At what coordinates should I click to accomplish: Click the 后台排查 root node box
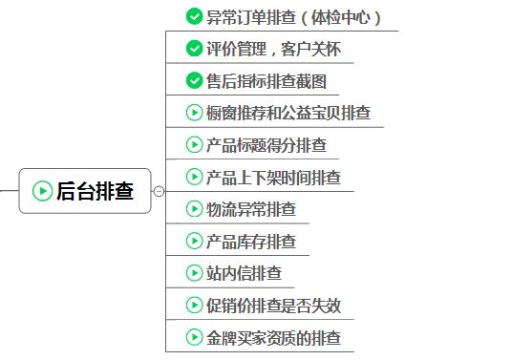(85, 191)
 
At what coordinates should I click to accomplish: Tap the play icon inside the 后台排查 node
(42, 191)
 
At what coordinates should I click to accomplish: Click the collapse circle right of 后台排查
(159, 191)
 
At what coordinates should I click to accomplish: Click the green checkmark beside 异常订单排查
(194, 17)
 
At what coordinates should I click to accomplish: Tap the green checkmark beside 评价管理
(194, 49)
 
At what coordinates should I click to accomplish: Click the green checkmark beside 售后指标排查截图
(194, 81)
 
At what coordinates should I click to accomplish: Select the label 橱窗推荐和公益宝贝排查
(288, 114)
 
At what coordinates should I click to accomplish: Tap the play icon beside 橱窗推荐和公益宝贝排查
(194, 114)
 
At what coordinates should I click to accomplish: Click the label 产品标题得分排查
(267, 146)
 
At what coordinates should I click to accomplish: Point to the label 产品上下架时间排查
(273, 178)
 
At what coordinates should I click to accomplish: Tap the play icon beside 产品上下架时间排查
(194, 178)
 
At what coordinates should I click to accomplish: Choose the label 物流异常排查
(251, 209)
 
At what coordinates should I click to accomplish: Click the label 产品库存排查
(251, 242)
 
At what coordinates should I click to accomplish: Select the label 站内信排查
(245, 274)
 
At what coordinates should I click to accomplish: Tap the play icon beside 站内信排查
(194, 274)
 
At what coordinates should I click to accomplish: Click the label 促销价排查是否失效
(273, 307)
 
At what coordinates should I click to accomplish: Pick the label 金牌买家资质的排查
(273, 338)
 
